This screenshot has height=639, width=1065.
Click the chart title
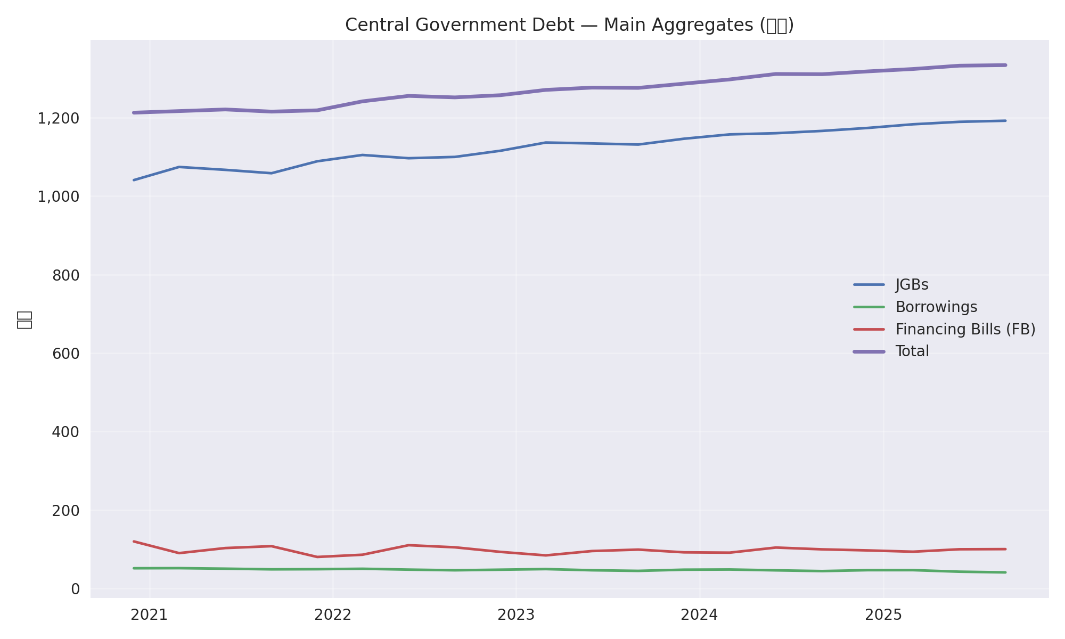coord(569,25)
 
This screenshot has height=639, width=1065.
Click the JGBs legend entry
coord(912,285)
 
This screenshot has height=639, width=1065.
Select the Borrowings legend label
coord(936,307)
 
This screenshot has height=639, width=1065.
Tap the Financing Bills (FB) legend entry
coord(965,330)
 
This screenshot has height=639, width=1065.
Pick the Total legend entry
coord(912,351)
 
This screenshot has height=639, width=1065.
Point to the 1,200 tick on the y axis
coord(59,118)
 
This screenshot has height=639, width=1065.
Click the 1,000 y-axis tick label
coord(59,196)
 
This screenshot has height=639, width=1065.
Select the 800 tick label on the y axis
coord(66,275)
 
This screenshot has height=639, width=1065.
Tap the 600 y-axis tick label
coord(66,354)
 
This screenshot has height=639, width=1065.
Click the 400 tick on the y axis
coord(66,432)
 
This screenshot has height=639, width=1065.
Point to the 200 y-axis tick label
coord(66,510)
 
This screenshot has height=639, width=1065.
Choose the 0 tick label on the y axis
coord(75,589)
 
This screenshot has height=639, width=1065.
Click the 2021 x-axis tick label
coord(150,615)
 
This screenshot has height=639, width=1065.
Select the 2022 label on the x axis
coord(333,615)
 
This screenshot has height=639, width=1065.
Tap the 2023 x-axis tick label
coord(516,615)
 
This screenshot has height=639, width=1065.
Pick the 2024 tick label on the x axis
coord(700,615)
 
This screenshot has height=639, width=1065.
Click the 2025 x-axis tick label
coord(883,615)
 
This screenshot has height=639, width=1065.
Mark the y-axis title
coord(24,319)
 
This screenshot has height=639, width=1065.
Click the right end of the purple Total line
coord(1005,65)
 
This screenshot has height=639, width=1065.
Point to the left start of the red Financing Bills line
coord(134,541)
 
